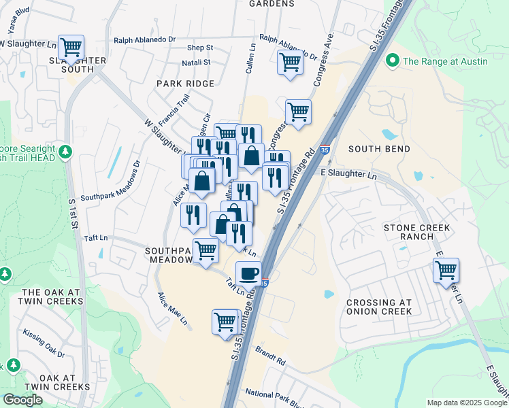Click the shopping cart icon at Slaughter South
pos(71,47)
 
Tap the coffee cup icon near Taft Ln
pos(248,273)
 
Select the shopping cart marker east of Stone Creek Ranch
pos(446,270)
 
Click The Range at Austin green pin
pos(392,61)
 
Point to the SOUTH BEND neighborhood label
pos(379,149)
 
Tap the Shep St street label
pos(200,48)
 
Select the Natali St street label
pos(196,63)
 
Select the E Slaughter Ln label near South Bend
pos(348,175)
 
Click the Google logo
pos(22,400)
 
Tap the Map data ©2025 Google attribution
pos(467,403)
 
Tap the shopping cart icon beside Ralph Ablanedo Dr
pos(290,63)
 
